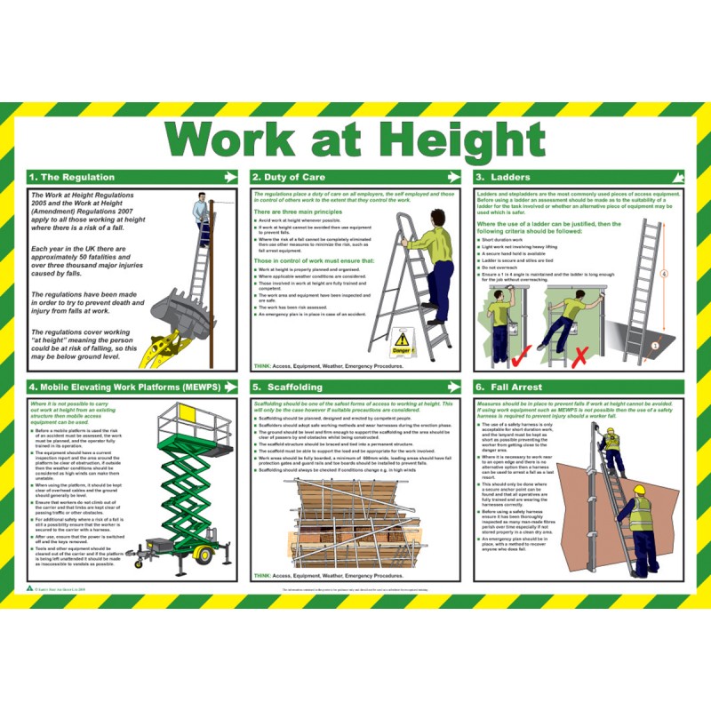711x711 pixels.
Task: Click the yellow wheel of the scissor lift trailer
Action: (203, 555)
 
